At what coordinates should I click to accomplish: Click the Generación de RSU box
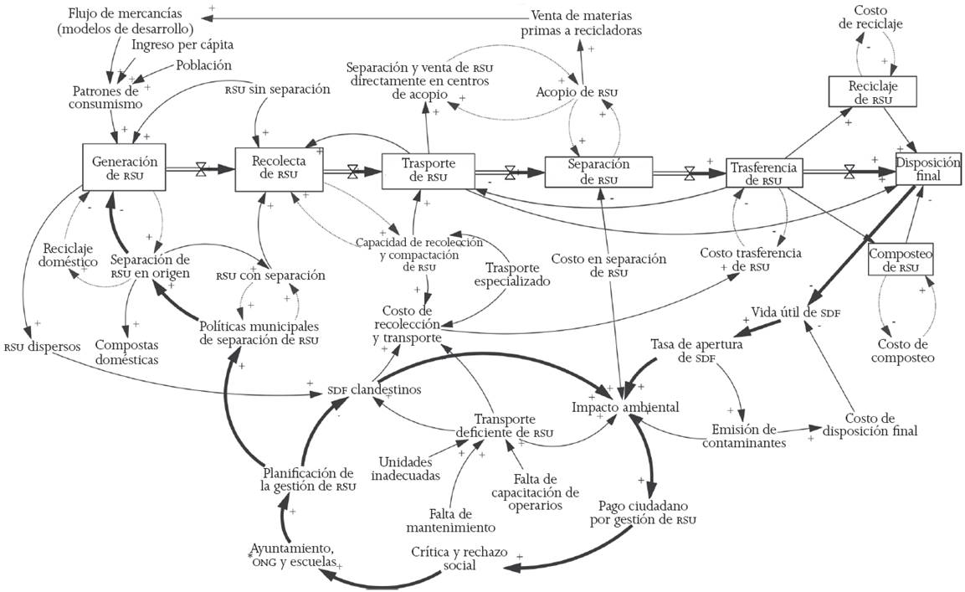(x=125, y=167)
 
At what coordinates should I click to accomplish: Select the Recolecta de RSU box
(x=280, y=169)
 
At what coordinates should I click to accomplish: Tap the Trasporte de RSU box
(x=429, y=171)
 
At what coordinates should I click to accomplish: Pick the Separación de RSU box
(x=598, y=172)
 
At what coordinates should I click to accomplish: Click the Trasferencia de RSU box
(x=764, y=172)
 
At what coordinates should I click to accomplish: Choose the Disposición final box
(x=927, y=168)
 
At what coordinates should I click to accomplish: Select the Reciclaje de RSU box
(x=873, y=92)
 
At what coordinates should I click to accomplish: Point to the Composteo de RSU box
(x=901, y=260)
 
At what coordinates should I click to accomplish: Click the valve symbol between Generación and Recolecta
(x=201, y=169)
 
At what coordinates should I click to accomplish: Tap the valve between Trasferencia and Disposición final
(x=850, y=172)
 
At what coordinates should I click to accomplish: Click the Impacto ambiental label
(x=625, y=407)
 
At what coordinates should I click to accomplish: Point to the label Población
(x=203, y=65)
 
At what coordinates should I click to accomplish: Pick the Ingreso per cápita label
(x=182, y=44)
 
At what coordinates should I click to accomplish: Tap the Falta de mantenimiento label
(x=451, y=521)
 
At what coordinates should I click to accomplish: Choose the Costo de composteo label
(x=903, y=351)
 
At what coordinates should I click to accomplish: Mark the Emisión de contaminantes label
(x=744, y=435)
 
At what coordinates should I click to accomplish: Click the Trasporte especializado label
(x=512, y=274)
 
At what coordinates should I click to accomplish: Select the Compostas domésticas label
(x=126, y=352)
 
